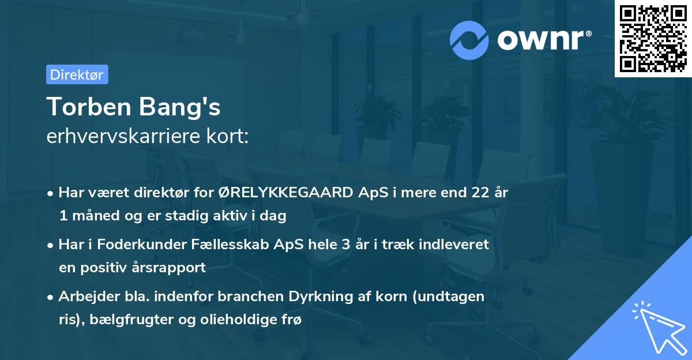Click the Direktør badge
[x=77, y=74]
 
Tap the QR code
[x=653, y=39]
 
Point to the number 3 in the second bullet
[x=345, y=244]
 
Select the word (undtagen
[x=446, y=296]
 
